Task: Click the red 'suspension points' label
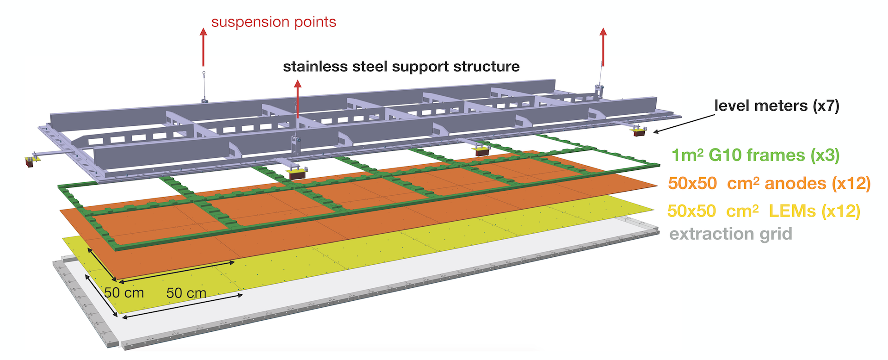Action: click(273, 22)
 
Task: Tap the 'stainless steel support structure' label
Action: click(401, 67)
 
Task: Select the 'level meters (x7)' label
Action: click(777, 106)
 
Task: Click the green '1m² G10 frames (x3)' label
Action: click(755, 155)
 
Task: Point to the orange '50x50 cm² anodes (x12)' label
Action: click(769, 184)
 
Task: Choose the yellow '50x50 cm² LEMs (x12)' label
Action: click(764, 211)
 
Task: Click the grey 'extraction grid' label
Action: click(731, 234)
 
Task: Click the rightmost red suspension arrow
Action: click(603, 46)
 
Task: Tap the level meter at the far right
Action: click(640, 131)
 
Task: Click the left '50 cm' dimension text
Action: click(124, 293)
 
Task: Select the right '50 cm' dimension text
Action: click(186, 293)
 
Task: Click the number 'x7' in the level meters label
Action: click(826, 106)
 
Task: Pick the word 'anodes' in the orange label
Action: click(795, 184)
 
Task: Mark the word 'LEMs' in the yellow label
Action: click(792, 211)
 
